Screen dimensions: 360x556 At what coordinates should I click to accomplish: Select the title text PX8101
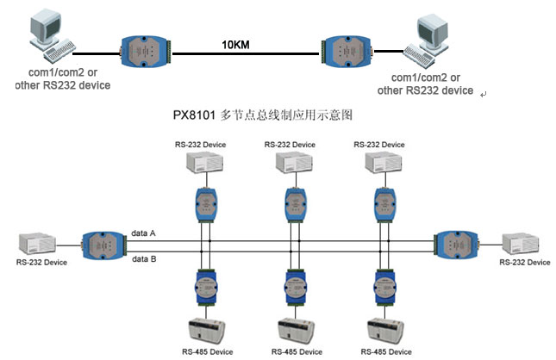(x=194, y=114)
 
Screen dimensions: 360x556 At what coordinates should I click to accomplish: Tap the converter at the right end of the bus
(x=457, y=245)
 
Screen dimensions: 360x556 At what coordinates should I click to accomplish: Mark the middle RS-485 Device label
(x=298, y=351)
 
